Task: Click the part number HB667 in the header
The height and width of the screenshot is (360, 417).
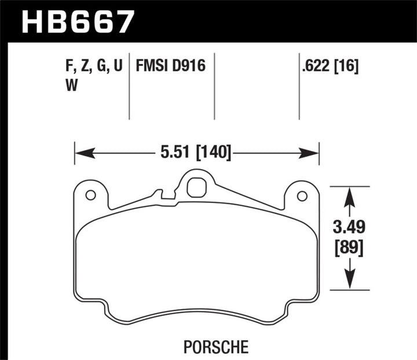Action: click(x=78, y=21)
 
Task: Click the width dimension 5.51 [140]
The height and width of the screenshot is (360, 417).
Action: click(x=197, y=153)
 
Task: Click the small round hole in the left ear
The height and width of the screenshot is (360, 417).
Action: click(x=90, y=195)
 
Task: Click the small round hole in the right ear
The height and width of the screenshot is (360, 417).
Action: click(x=301, y=196)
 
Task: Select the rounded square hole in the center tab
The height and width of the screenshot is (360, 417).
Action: click(x=196, y=187)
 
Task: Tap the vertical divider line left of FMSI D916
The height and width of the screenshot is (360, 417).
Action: click(x=128, y=87)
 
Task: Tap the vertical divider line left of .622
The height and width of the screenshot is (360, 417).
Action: click(x=299, y=87)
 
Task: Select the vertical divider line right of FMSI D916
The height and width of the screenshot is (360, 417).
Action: click(x=214, y=87)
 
